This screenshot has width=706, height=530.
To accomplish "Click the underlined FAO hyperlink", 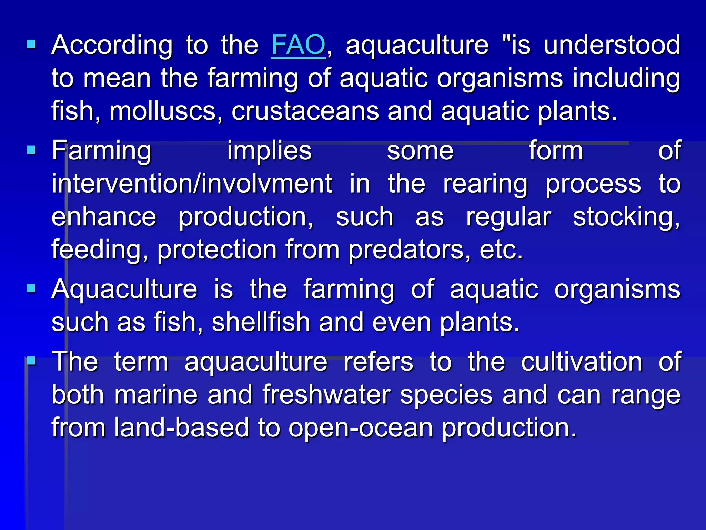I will pos(298,45).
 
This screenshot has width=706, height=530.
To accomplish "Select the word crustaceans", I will pos(305,111).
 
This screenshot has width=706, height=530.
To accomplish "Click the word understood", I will pos(612,45).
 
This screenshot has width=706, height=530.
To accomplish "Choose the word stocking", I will pos(626,217).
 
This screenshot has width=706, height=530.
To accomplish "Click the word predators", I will pos(409,250).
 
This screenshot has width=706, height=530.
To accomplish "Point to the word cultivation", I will pos(582,362).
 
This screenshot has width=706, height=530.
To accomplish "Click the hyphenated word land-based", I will pos(181,428).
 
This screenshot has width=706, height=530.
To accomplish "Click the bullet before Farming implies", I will pos(31,150).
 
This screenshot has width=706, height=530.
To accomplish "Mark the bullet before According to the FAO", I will pos(31,44).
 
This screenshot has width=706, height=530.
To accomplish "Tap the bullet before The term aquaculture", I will pos(31,361).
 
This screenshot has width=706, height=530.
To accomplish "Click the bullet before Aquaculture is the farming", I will pos(31,288).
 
